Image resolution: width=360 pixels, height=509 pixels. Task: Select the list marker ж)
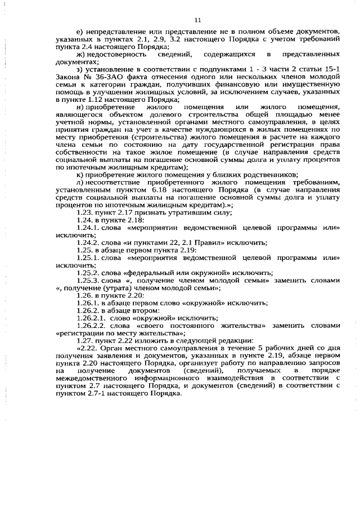(x=81, y=54)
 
